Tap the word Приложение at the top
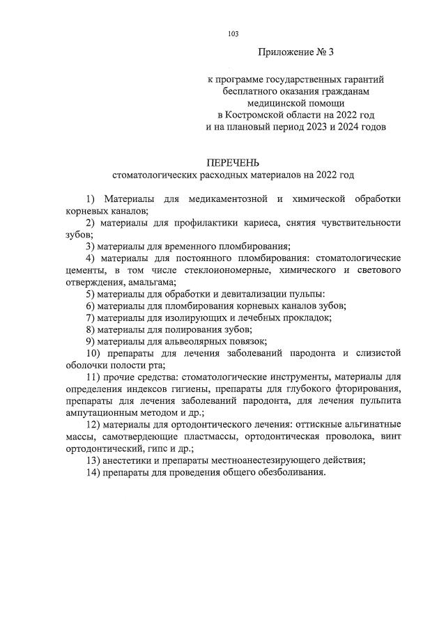coord(286,53)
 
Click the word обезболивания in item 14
coord(289,471)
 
